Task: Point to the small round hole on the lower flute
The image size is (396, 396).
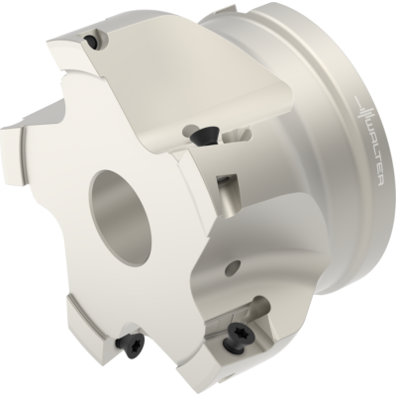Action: [x=232, y=268]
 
